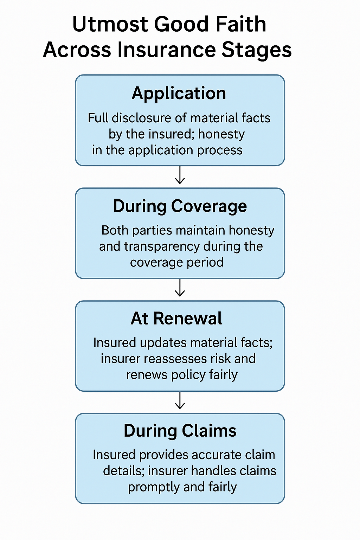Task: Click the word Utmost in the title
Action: tap(110, 24)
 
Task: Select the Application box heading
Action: tap(179, 94)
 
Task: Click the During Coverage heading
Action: tap(180, 206)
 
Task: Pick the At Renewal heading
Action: tap(176, 319)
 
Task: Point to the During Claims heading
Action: tap(180, 431)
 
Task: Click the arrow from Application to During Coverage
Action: tap(180, 175)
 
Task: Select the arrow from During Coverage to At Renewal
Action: tap(180, 288)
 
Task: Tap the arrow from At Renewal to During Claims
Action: tap(180, 400)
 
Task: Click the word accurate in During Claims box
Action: tap(216, 455)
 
